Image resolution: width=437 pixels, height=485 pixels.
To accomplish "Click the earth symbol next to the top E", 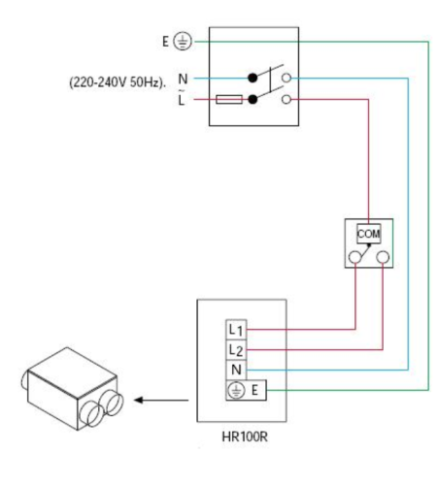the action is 183,42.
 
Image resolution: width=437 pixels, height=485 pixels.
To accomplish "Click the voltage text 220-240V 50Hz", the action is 118,82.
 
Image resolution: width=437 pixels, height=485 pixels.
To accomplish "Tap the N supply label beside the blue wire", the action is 183,79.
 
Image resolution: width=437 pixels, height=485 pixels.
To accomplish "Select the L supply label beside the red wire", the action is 182,100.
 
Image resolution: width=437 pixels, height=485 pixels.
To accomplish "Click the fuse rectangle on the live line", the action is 229,99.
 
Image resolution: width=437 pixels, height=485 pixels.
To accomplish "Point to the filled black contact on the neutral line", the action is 252,78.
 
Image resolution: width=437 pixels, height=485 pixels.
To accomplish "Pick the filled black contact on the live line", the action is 252,99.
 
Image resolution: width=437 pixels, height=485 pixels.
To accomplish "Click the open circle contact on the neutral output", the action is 286,78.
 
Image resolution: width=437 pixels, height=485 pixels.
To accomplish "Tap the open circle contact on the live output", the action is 286,99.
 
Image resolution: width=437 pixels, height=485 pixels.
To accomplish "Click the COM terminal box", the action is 369,234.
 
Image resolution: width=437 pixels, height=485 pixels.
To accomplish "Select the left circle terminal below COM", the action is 355,257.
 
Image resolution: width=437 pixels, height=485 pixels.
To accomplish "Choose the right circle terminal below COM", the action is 383,257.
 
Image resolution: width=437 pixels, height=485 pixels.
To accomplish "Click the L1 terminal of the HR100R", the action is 236,330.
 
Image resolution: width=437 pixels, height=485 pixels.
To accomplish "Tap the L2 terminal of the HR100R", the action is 236,349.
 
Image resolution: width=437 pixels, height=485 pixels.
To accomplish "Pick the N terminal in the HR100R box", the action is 236,370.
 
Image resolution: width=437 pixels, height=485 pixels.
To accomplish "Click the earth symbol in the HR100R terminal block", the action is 236,390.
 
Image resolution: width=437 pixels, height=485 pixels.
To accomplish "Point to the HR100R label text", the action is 245,436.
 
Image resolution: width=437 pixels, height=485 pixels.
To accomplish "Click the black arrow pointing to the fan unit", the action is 161,401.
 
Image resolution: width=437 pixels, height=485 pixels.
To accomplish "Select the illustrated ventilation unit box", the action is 72,389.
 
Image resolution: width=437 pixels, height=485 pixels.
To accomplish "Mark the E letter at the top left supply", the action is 165,42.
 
